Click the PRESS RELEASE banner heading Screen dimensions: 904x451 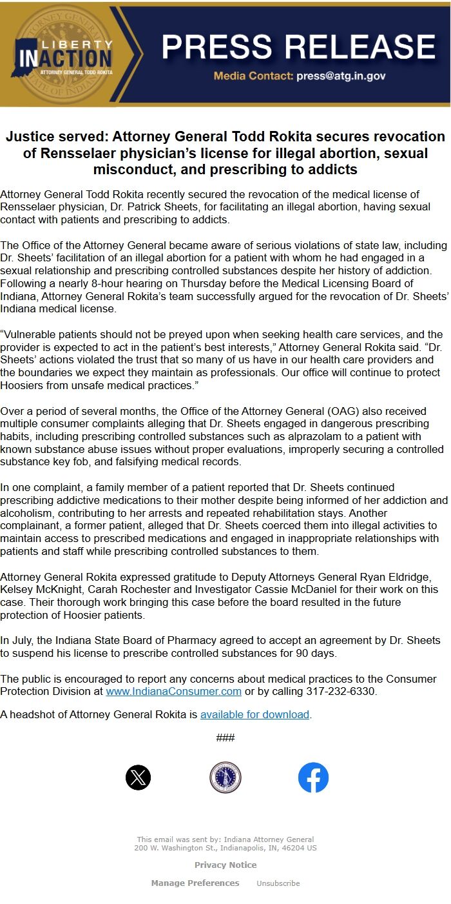pyautogui.click(x=298, y=46)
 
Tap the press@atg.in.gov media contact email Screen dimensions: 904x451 pyautogui.click(x=341, y=76)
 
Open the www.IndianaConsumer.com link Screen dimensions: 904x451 pyautogui.click(x=173, y=691)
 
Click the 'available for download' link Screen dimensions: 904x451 pyautogui.click(x=254, y=714)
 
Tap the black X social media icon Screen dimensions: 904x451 pyautogui.click(x=138, y=778)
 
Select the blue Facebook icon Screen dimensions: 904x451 pyautogui.click(x=313, y=778)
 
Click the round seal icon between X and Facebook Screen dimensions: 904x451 pyautogui.click(x=225, y=778)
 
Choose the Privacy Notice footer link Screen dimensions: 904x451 pyautogui.click(x=225, y=865)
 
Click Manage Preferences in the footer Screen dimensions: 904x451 pyautogui.click(x=195, y=883)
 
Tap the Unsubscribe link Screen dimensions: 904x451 pyautogui.click(x=278, y=883)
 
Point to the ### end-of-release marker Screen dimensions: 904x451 pyautogui.click(x=225, y=738)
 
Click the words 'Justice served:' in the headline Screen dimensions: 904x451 pyautogui.click(x=57, y=137)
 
